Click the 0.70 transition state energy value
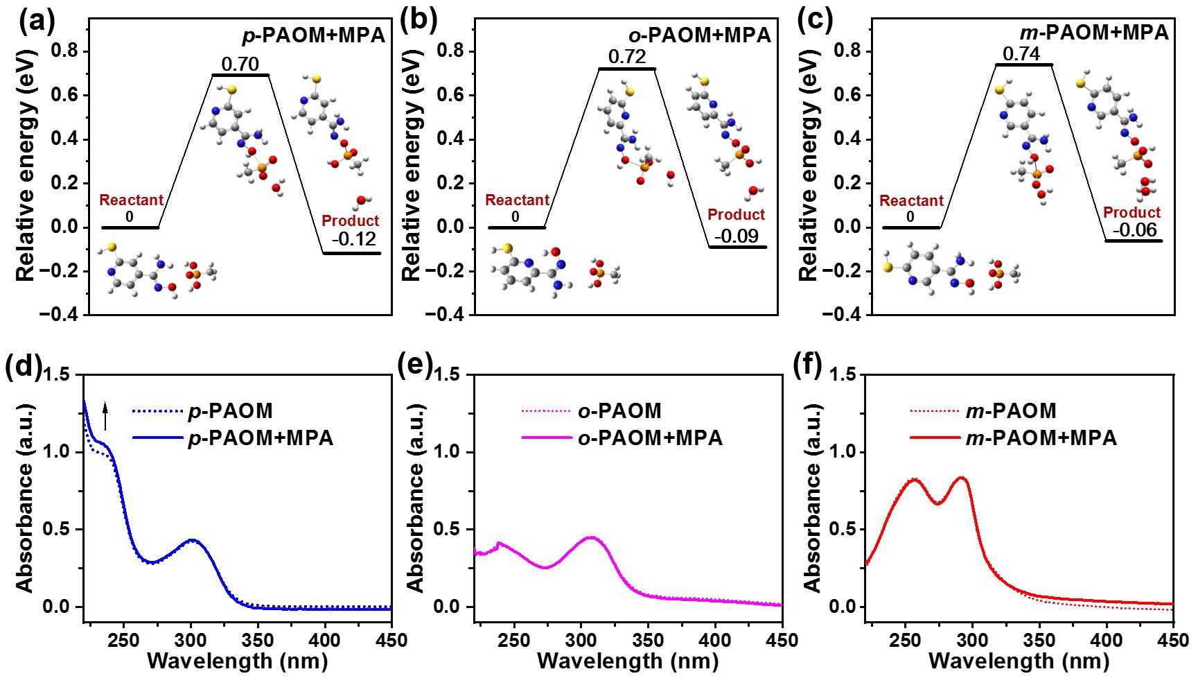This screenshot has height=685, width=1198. [240, 64]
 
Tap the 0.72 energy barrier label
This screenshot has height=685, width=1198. [626, 57]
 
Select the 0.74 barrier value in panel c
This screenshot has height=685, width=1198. [1022, 53]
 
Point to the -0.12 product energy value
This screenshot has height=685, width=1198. [353, 240]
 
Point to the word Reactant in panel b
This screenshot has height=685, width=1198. [517, 200]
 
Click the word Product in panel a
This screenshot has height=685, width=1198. [351, 220]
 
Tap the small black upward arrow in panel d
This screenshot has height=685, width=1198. [105, 416]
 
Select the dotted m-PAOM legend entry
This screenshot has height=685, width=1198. [983, 411]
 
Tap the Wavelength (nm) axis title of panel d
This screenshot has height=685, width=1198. [238, 661]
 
